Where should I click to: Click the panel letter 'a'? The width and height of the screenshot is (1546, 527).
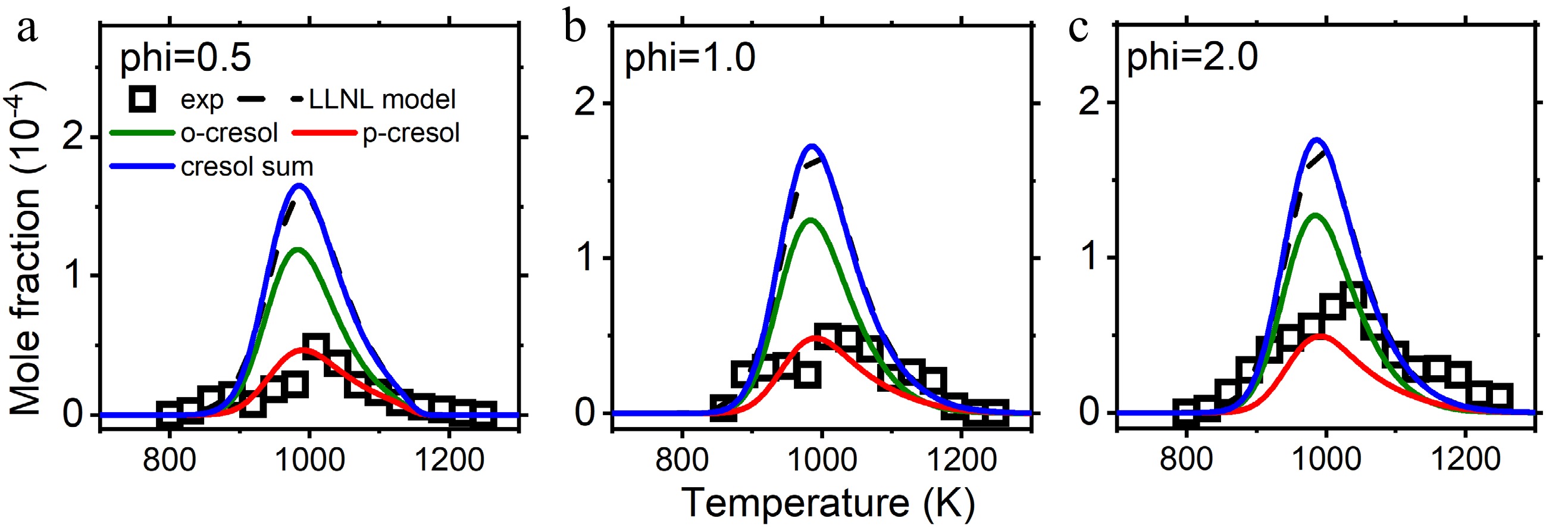(x=27, y=29)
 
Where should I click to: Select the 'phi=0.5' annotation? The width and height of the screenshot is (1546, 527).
(x=186, y=59)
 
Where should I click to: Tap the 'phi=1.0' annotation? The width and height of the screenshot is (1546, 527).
(x=690, y=59)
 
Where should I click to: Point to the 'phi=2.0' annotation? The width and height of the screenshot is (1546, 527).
(x=1192, y=59)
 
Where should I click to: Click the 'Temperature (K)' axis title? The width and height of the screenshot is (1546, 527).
(x=828, y=503)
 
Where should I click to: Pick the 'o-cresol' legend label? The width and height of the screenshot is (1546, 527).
(x=229, y=133)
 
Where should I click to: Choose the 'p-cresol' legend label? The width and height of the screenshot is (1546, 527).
(x=411, y=133)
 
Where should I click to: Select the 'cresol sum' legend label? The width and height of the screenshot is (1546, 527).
(x=247, y=167)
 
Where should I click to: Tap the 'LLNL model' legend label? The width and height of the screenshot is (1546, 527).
(x=382, y=99)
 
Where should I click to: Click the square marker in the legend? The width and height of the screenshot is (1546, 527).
(x=142, y=99)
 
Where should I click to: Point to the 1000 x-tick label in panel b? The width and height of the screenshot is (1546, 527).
(x=822, y=461)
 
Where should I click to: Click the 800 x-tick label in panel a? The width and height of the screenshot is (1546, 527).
(x=169, y=461)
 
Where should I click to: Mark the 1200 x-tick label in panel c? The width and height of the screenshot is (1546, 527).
(x=1466, y=461)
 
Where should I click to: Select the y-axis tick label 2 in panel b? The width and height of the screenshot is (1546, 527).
(x=586, y=103)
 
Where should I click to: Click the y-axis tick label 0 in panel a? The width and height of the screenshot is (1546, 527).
(x=73, y=414)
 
